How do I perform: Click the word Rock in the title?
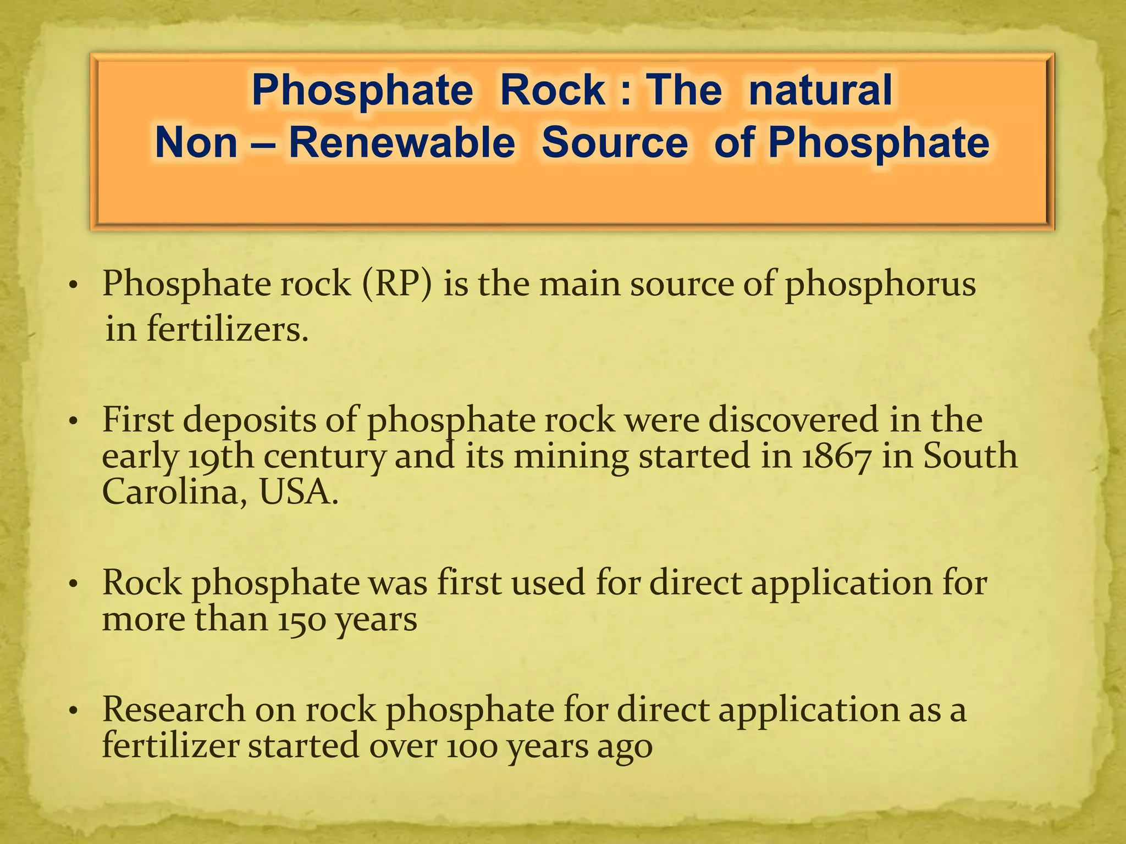553,91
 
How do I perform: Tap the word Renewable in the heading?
402,143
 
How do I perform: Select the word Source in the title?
615,143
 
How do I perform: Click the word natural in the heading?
820,91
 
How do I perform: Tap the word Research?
174,709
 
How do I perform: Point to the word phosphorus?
880,285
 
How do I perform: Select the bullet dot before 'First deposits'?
75,422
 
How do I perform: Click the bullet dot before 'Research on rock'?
75,711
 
